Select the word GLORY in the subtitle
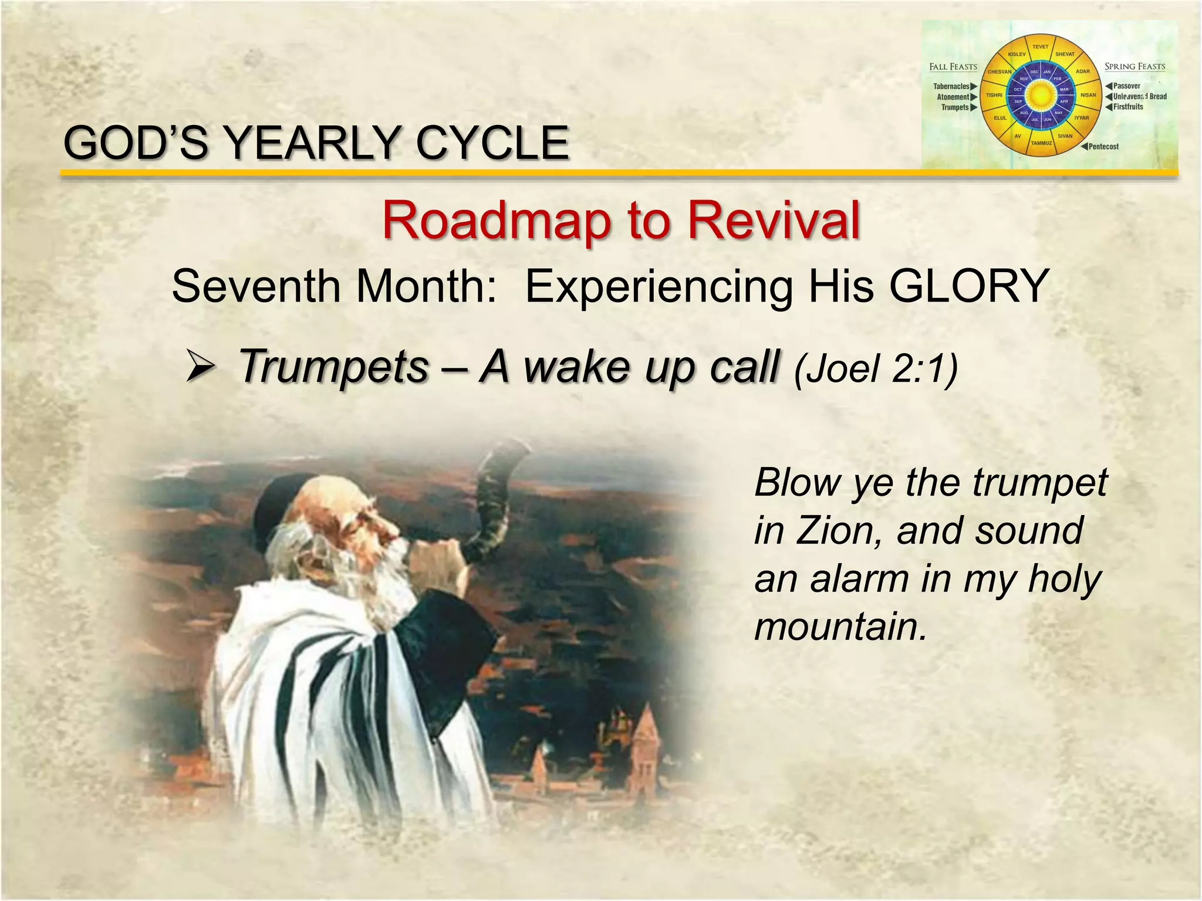968,286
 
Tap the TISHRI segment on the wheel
994,95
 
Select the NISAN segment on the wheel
1088,95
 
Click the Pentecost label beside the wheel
1103,147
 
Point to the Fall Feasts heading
953,67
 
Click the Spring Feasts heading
1135,66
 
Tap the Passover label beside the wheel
1126,86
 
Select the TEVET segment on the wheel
1040,47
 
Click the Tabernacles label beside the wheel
951,86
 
